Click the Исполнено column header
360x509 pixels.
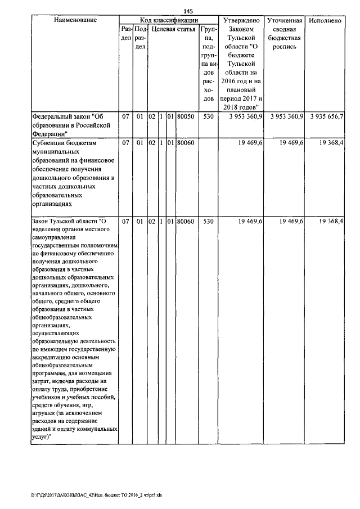coord(326,20)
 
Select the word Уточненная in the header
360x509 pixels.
coord(285,20)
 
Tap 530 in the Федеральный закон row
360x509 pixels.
coord(208,116)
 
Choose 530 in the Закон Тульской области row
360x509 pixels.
coord(208,222)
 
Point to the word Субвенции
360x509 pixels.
coord(49,143)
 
